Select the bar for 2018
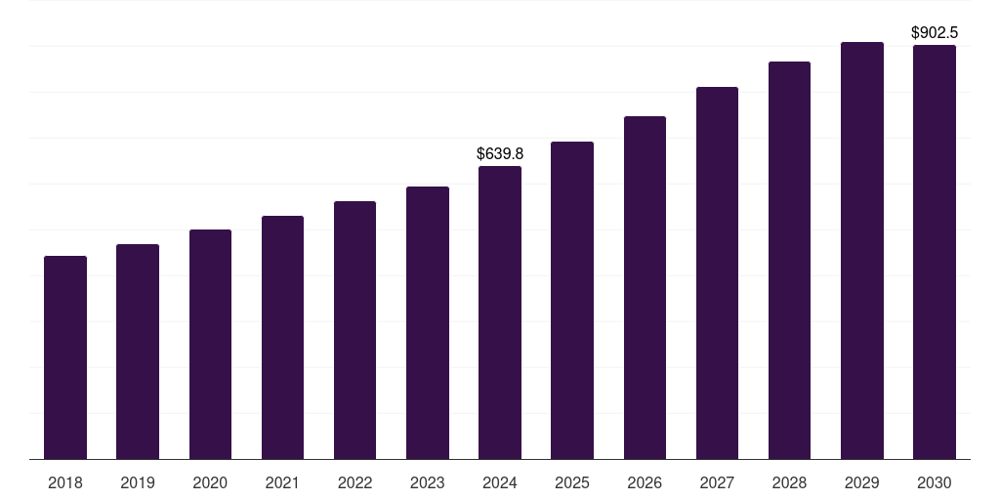[x=65, y=357]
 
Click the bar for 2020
[x=210, y=345]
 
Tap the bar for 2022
[x=354, y=330]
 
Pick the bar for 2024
[x=500, y=312]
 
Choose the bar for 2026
[x=645, y=288]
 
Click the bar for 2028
[x=789, y=261]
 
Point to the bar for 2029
[x=862, y=251]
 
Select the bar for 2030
[x=935, y=252]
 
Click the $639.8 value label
[x=500, y=153]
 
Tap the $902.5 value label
[x=935, y=32]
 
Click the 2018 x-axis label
[x=65, y=482]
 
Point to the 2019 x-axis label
[x=138, y=482]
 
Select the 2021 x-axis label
[x=282, y=482]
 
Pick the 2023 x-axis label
[x=428, y=482]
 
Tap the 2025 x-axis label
[x=572, y=482]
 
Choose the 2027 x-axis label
[x=717, y=482]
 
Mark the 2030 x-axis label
[x=935, y=482]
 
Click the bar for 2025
[x=572, y=301]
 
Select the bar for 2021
[x=282, y=338]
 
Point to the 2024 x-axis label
[x=500, y=482]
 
